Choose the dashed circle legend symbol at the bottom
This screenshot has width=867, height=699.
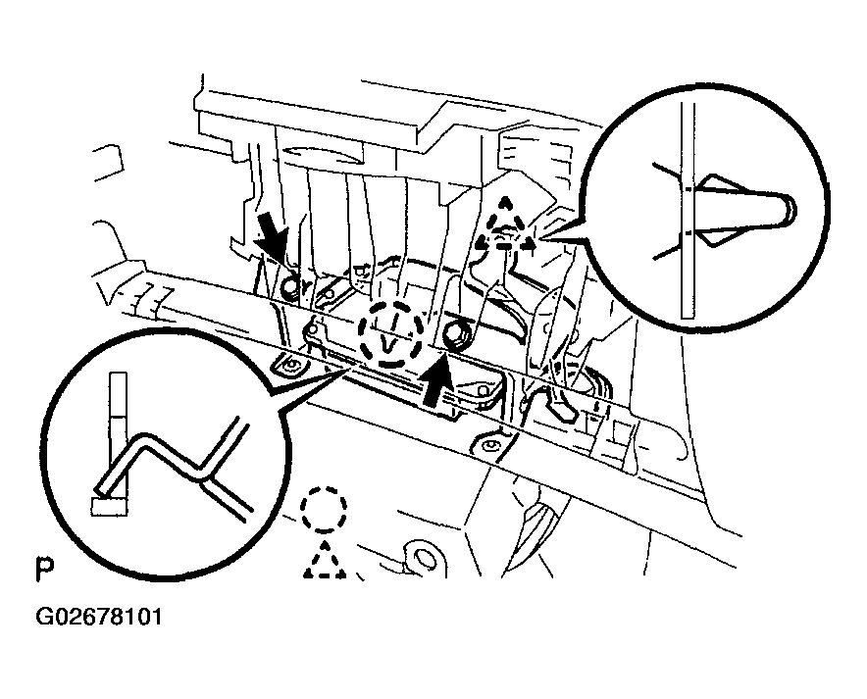(324, 509)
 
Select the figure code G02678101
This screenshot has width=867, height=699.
(99, 619)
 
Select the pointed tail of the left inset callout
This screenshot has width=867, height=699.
(343, 365)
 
